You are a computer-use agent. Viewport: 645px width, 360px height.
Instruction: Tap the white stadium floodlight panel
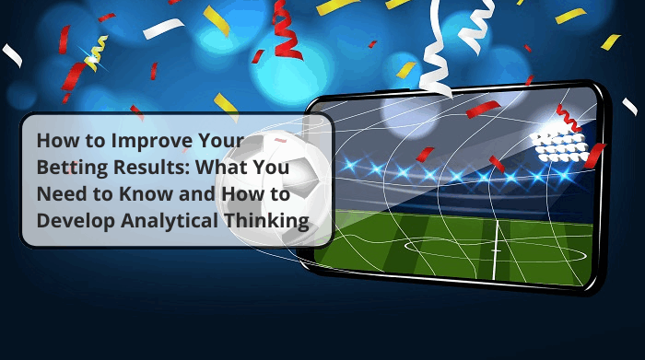558,143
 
